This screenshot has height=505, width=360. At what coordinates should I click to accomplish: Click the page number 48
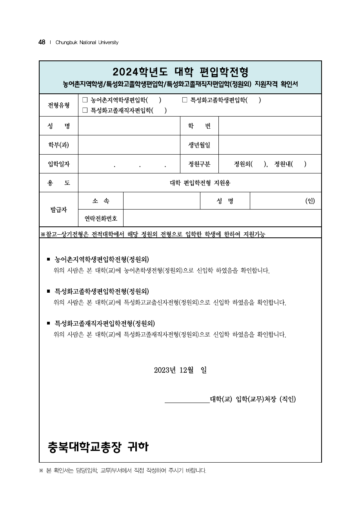42,42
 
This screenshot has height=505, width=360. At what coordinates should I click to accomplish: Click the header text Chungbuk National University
87,42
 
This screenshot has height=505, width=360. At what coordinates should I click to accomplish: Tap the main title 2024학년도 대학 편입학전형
180,72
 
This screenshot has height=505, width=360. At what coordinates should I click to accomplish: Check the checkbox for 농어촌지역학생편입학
85,100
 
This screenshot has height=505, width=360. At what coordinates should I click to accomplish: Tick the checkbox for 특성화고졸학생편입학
185,100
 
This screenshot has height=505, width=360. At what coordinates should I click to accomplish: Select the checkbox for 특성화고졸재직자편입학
85,111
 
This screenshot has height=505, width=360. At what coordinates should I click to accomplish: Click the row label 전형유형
59,105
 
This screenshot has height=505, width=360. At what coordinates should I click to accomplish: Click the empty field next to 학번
270,126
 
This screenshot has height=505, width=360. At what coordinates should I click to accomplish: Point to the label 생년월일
199,145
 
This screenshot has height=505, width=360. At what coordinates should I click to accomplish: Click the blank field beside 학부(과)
129,145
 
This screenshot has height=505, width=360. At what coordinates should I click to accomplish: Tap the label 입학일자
59,164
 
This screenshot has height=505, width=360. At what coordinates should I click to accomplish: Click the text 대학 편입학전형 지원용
200,183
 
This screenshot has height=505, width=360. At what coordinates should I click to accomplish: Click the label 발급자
59,210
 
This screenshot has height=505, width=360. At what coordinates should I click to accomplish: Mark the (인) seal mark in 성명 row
310,201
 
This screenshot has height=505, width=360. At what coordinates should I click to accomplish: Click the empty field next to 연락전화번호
222,218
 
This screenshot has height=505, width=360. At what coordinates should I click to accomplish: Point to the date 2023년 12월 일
180,370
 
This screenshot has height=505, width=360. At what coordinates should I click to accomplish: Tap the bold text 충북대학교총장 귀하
98,447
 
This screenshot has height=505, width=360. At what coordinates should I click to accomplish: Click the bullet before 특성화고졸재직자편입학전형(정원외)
48,323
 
